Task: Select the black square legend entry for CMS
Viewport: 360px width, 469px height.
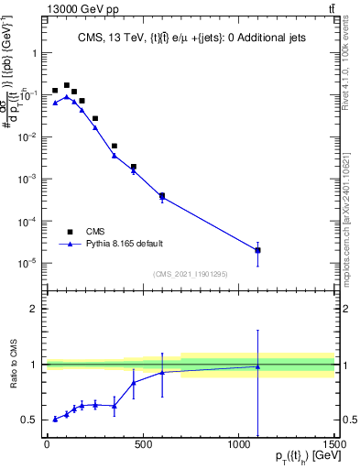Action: pos(70,231)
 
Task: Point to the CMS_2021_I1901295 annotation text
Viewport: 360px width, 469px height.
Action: pos(190,274)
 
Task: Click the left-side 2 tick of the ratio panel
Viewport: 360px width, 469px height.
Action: pos(34,309)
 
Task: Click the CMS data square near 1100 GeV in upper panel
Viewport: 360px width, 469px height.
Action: pos(258,250)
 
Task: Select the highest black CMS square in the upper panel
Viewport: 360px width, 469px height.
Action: pos(66,85)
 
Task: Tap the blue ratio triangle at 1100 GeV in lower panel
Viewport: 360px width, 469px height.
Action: pos(258,366)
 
